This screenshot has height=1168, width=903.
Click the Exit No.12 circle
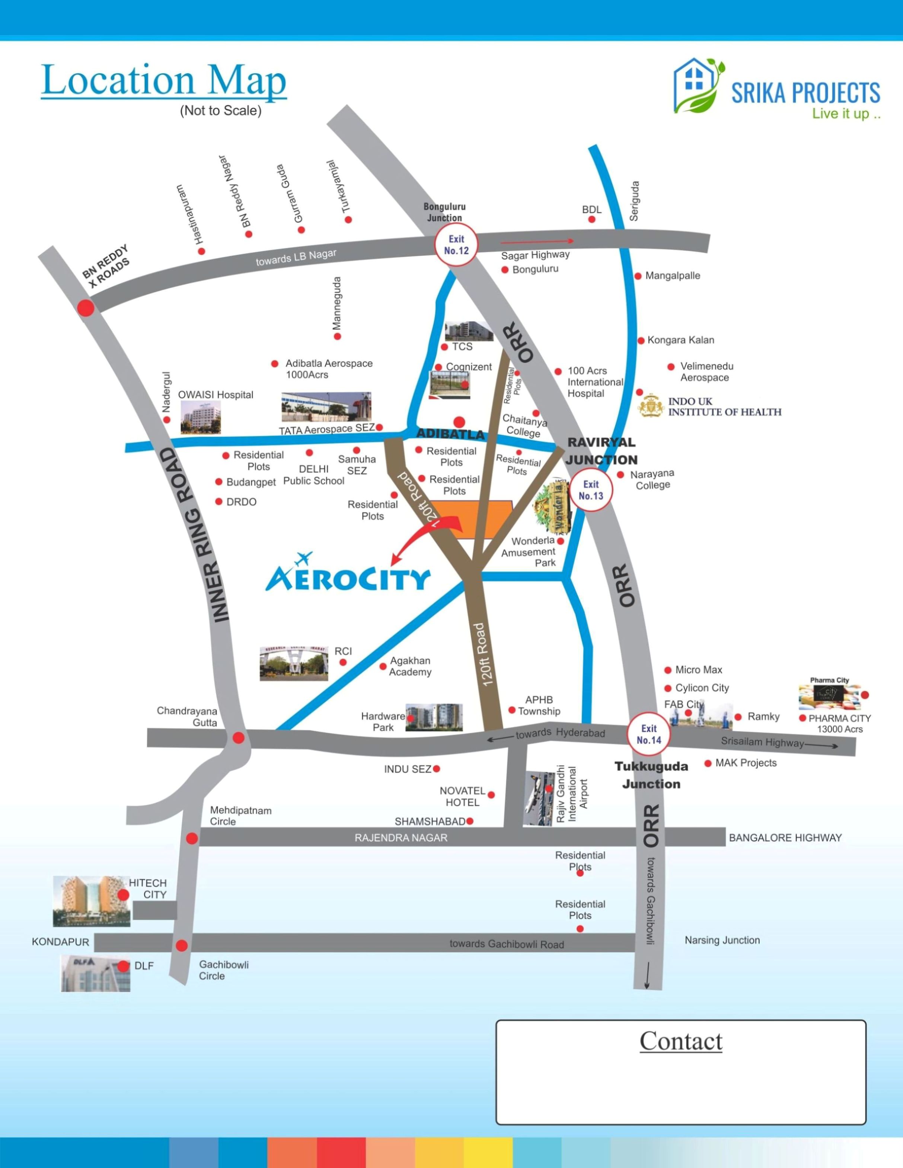pos(456,245)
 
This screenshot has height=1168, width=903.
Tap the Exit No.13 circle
pos(591,490)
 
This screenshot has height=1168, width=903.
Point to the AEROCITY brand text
pos(348,578)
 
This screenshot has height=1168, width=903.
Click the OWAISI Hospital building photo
pos(200,417)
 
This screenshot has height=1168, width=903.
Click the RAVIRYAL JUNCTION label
pos(602,451)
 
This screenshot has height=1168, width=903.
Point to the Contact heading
pos(681,1040)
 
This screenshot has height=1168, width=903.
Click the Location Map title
pos(164,80)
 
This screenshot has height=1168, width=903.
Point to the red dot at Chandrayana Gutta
pos(239,738)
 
